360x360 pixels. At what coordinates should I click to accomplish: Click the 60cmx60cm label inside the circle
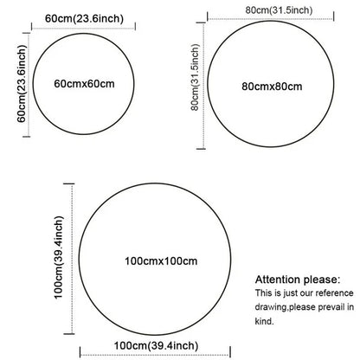[84, 84]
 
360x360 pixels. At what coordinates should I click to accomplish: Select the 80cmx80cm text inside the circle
[272, 87]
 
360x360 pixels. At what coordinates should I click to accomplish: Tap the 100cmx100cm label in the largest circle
[161, 261]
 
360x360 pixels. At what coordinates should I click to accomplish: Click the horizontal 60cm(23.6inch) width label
[84, 18]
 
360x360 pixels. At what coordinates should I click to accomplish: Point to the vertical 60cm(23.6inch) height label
[22, 83]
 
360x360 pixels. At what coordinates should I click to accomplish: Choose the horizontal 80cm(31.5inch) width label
[279, 10]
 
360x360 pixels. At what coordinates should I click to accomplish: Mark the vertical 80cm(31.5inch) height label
[195, 77]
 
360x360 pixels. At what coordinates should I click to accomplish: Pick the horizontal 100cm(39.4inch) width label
[156, 345]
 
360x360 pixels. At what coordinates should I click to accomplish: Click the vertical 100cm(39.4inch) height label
[58, 257]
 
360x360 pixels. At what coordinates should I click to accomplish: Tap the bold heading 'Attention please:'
[298, 280]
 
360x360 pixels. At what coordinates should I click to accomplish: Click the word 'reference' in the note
[334, 293]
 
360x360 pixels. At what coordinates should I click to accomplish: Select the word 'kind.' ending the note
[264, 321]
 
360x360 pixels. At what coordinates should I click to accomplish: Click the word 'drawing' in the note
[271, 307]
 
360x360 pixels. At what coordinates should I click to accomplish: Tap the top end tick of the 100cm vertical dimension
[69, 183]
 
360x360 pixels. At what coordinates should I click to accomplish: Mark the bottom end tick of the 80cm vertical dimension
[201, 149]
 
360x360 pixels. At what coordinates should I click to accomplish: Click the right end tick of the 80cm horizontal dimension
[334, 16]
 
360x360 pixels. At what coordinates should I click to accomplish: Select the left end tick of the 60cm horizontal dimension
[32, 27]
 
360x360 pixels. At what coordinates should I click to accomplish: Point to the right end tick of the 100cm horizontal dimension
[230, 352]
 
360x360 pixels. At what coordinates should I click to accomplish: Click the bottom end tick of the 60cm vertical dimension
[27, 137]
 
